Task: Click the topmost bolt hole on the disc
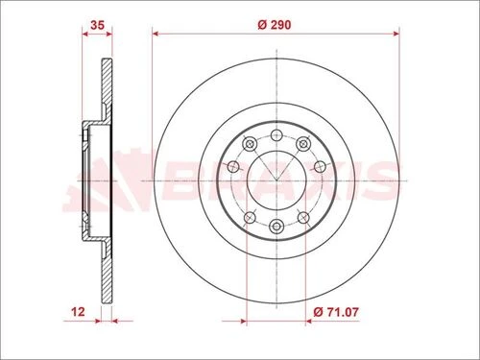click(276, 133)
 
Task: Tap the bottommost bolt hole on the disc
click(276, 226)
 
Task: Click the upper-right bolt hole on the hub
click(302, 144)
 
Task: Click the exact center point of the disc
click(276, 180)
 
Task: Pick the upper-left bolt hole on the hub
click(249, 144)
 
